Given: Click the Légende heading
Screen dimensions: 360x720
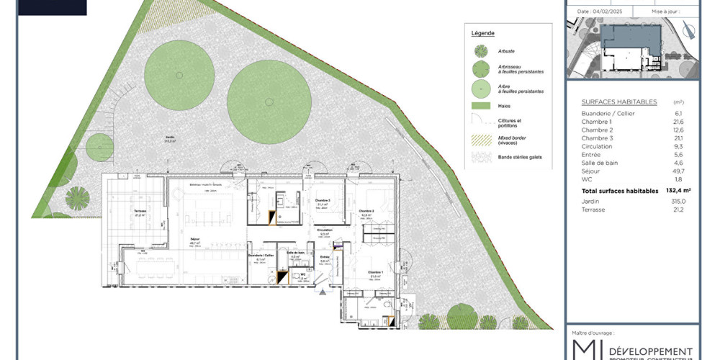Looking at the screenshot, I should click(482, 33).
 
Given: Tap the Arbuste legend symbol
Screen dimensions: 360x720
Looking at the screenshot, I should click(480, 51).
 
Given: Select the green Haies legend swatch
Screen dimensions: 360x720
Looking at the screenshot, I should click(480, 106).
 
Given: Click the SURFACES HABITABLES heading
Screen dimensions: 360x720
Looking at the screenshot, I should click(618, 102).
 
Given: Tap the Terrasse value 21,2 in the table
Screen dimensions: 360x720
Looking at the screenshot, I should click(678, 210).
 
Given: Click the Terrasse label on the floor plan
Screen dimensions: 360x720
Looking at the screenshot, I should click(139, 211).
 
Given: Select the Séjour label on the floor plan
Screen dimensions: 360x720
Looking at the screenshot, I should click(194, 240).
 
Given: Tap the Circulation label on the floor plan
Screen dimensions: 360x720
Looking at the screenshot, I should click(325, 230).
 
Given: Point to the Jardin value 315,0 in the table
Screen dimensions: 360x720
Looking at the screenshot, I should click(678, 202).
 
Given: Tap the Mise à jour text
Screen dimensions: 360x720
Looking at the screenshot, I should click(667, 12).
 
